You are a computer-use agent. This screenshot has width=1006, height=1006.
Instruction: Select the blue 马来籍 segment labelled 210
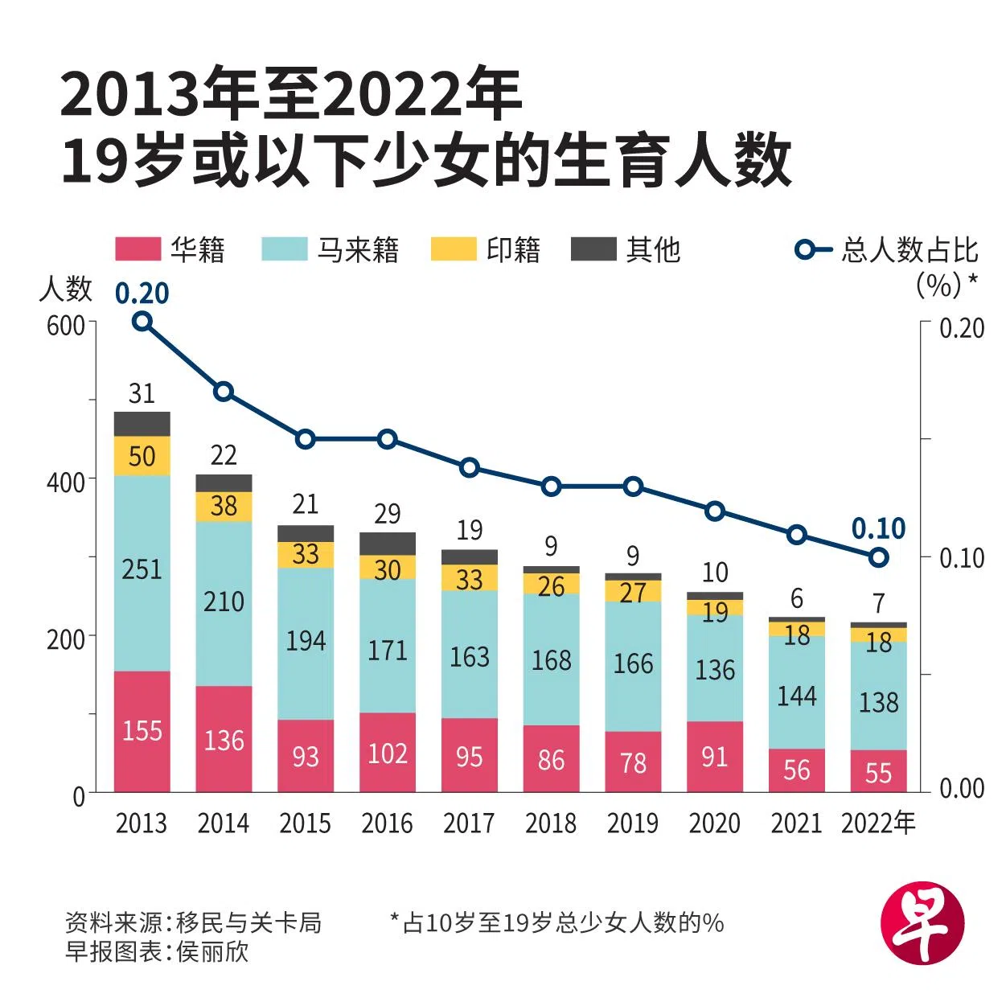tap(224, 603)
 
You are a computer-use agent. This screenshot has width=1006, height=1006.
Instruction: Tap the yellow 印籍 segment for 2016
tap(387, 568)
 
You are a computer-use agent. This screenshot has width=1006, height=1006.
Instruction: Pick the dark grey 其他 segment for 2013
tap(142, 424)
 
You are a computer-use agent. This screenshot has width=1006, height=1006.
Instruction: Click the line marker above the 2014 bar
tap(224, 392)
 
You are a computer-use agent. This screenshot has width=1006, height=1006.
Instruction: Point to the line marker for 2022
tap(878, 556)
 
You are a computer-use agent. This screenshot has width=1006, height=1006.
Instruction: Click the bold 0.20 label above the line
tap(142, 294)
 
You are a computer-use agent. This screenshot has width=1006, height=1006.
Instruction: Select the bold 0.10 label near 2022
tap(878, 529)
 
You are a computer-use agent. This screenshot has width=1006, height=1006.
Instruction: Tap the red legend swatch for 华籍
tap(138, 249)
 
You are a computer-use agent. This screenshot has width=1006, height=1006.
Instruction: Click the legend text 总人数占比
tap(910, 250)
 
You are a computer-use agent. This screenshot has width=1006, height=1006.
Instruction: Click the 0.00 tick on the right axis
tap(961, 789)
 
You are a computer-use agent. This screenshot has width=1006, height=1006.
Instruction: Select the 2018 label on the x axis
tap(551, 823)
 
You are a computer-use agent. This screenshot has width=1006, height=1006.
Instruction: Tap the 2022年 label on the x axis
tap(878, 823)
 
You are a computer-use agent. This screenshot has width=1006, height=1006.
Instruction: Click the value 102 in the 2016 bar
tap(387, 753)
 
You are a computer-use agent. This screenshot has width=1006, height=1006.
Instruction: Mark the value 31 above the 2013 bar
tap(142, 393)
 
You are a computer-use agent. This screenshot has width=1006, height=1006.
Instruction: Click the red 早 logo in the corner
tap(922, 924)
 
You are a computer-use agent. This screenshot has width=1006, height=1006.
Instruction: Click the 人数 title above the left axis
tap(65, 289)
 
